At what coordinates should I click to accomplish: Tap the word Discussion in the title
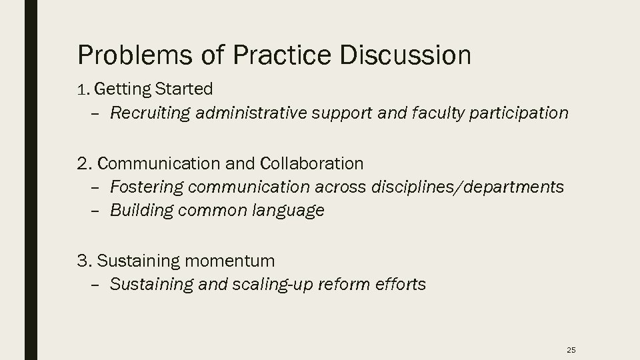click(x=405, y=55)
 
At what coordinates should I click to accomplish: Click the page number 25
click(x=570, y=349)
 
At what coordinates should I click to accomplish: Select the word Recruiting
click(x=150, y=113)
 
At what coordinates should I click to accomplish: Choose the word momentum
click(x=229, y=260)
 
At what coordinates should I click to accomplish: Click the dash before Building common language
click(x=94, y=211)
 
